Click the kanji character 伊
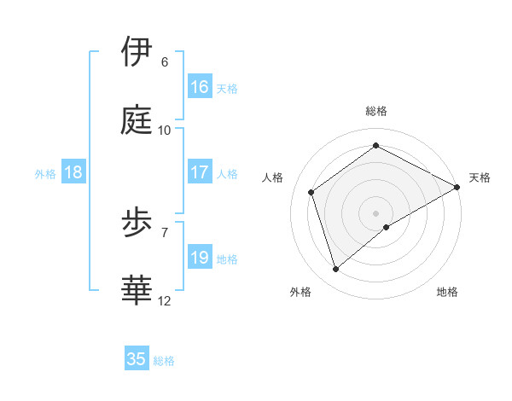click(x=137, y=52)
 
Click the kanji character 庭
click(x=137, y=120)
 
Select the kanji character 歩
click(x=137, y=224)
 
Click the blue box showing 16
click(x=200, y=87)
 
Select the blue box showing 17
click(x=200, y=172)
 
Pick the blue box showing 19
click(x=200, y=258)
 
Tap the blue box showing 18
click(x=73, y=172)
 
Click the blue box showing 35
click(x=137, y=359)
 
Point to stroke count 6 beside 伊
click(x=164, y=62)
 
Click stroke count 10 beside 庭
click(x=164, y=131)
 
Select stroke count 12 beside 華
click(x=164, y=301)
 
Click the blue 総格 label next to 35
click(x=164, y=361)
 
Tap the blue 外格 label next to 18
click(x=45, y=173)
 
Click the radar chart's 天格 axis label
click(x=480, y=177)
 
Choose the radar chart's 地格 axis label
click(x=447, y=292)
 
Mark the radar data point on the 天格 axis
click(x=457, y=186)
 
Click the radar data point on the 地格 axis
click(x=387, y=227)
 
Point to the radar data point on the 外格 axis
click(x=335, y=269)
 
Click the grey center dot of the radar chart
click(x=375, y=212)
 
